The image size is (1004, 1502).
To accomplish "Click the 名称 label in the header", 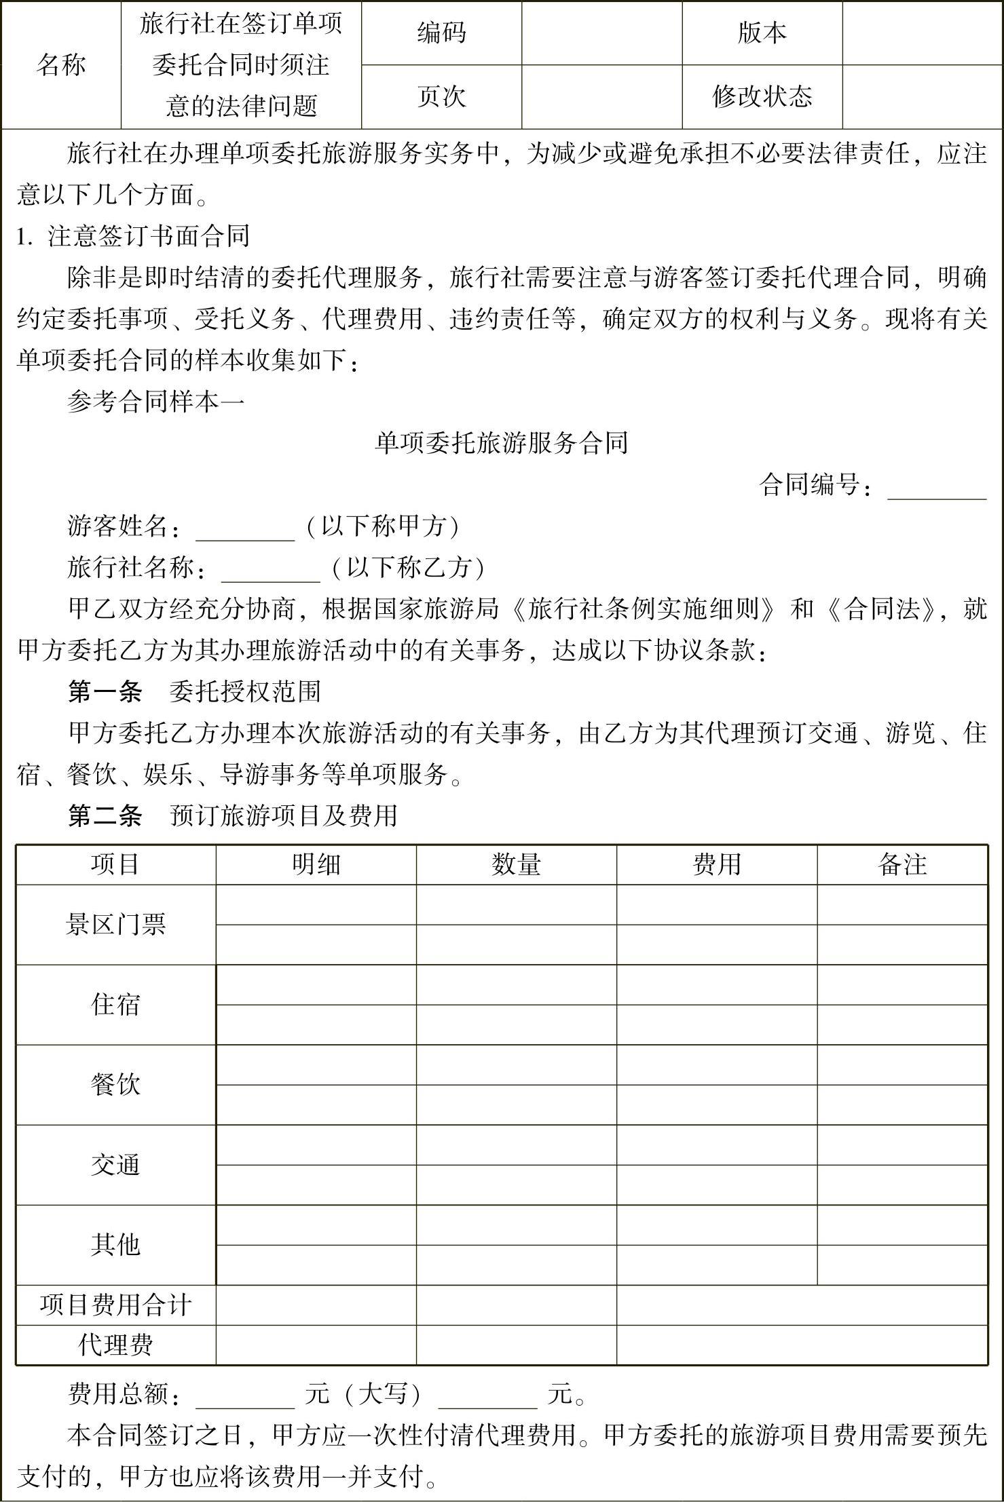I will pos(61,65).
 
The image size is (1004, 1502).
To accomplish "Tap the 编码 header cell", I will pos(441,33).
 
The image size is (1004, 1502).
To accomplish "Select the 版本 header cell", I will pos(762,33).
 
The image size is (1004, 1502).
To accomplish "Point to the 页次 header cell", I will pos(441,96).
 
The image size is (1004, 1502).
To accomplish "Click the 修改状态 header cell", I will pos(762,96).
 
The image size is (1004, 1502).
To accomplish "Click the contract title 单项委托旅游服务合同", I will pos(502,443).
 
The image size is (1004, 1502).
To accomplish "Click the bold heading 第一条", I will pos(105,692).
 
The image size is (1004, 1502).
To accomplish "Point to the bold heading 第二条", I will pos(105,815).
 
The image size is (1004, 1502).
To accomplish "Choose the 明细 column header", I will pos(316,864).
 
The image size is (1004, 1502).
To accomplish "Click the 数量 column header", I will pos(516,864).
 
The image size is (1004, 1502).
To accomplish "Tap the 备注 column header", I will pos(902,864).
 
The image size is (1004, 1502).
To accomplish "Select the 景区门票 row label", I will pos(115,924).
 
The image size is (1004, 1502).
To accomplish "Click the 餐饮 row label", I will pos(115,1084).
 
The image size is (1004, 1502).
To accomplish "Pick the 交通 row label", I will pos(115,1164).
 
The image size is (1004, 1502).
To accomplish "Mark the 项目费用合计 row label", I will pos(115,1305).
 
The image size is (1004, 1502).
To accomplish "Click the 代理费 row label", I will pos(115,1345).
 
